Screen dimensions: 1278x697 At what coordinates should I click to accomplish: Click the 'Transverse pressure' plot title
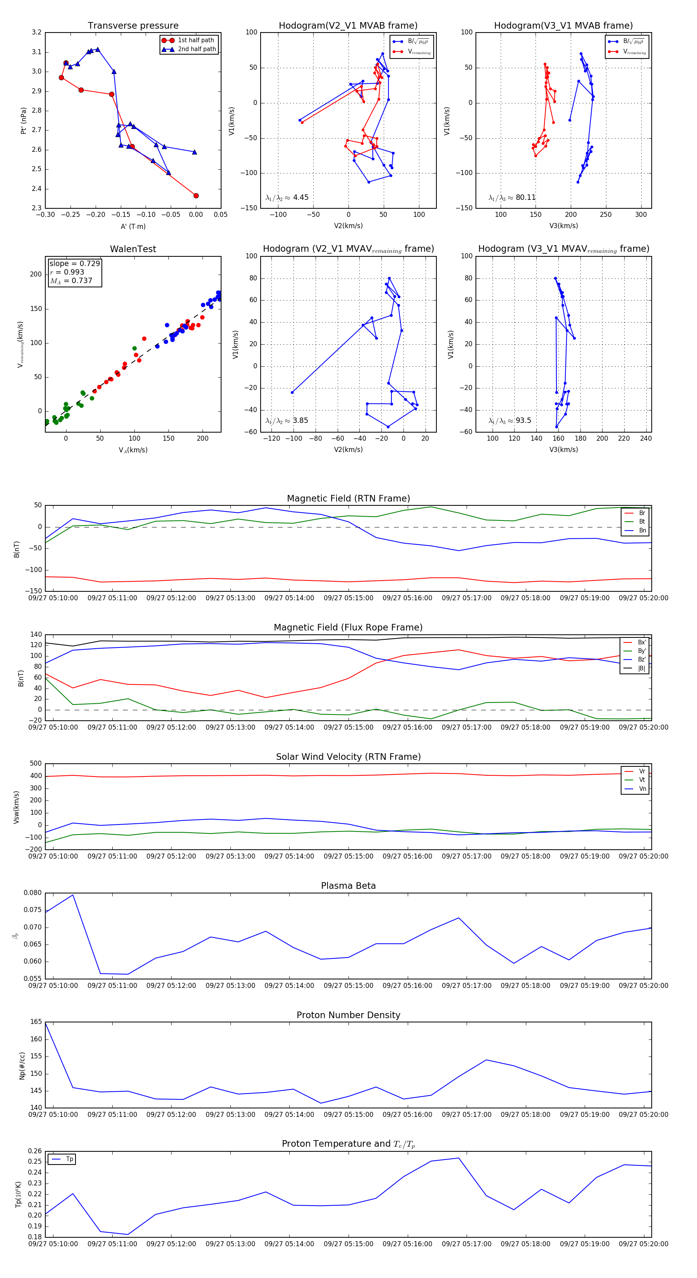[133, 26]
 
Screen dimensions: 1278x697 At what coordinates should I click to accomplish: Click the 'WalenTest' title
[133, 249]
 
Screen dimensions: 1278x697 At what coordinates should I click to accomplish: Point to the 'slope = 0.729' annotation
[74, 263]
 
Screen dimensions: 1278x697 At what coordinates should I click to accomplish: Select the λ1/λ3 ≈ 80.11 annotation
[512, 198]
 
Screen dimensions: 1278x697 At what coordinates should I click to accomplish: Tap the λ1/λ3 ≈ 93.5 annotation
[510, 421]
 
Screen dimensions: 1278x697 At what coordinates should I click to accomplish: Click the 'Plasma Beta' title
[348, 886]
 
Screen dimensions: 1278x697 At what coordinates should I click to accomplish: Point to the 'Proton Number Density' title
[348, 1015]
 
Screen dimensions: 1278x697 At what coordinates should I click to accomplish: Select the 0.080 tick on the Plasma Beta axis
[33, 893]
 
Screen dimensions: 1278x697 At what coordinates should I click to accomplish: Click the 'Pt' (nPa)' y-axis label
[23, 120]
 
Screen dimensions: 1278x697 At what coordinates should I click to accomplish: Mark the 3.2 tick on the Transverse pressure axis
[37, 33]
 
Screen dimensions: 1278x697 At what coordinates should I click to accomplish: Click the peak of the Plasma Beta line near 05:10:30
[73, 895]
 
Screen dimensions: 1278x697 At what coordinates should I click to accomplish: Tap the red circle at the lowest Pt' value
[196, 196]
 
